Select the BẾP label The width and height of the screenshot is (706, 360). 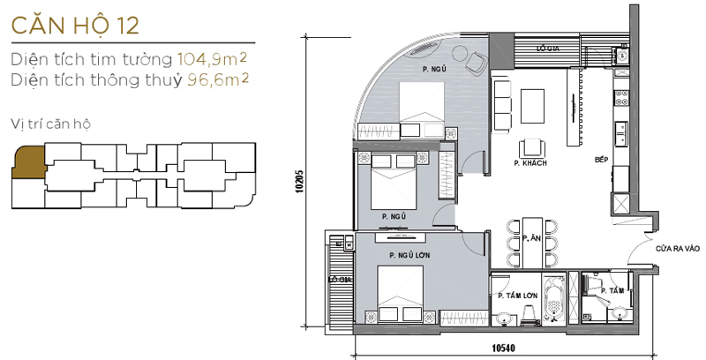(602, 160)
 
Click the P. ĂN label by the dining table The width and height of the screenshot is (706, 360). (530, 238)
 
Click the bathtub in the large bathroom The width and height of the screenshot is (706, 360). (555, 301)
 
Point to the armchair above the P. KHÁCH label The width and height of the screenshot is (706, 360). (530, 147)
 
